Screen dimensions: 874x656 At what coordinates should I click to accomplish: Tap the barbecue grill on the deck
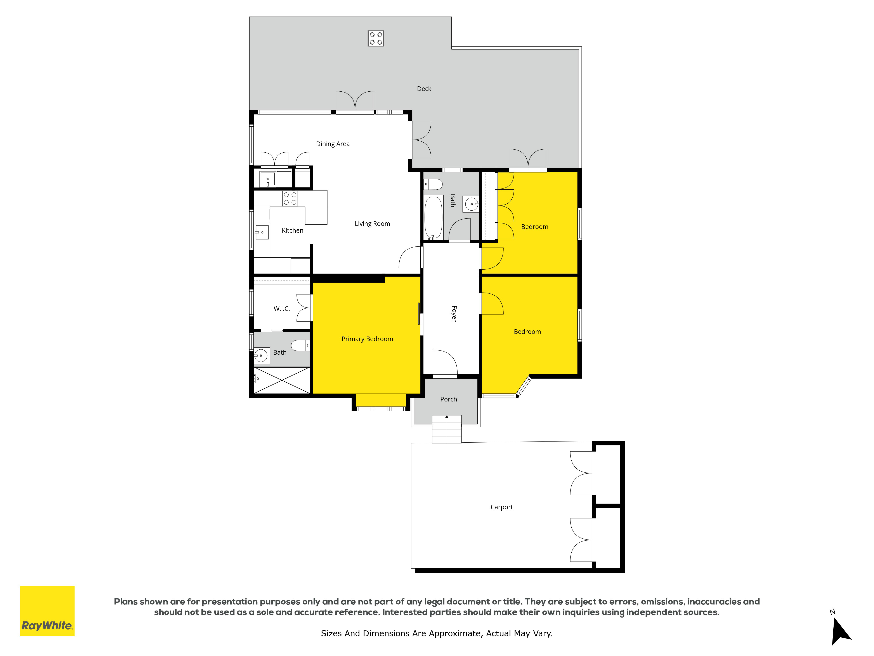[376, 38]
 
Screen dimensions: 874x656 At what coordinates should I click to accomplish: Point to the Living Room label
[372, 224]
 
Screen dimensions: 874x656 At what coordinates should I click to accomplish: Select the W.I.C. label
[282, 309]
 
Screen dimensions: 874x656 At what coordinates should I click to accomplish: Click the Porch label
[448, 399]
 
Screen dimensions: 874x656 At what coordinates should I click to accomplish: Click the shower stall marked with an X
[282, 380]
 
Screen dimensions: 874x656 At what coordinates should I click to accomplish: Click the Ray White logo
[47, 611]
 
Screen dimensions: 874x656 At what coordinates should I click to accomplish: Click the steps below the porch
[446, 429]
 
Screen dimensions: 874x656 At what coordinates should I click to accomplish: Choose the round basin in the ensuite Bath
[261, 356]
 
